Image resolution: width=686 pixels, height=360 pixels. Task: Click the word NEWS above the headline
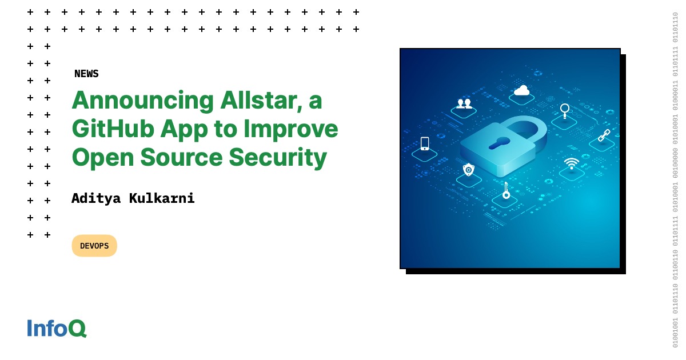[86, 74]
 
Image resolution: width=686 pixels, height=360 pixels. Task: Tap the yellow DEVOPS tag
[94, 246]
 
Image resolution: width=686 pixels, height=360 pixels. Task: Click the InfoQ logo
[57, 328]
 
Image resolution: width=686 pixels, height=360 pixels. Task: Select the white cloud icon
[521, 90]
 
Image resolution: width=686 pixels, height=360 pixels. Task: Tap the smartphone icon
[425, 143]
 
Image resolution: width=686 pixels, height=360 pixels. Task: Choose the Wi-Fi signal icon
[571, 164]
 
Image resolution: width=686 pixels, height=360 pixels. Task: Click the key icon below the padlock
[506, 191]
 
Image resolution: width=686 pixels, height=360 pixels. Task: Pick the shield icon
[469, 169]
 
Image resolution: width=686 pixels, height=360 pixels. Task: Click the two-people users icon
[464, 103]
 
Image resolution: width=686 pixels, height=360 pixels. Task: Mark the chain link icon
[604, 135]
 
